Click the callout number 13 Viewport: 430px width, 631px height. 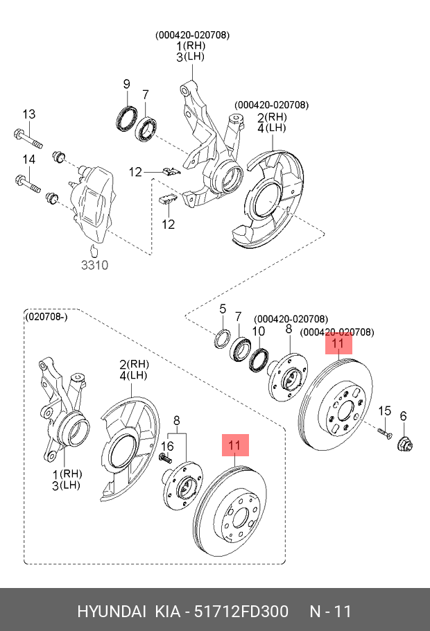tap(28, 114)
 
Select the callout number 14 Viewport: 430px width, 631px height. tap(28, 160)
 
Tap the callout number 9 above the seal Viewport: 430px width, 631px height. tap(126, 85)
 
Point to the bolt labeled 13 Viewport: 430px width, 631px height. tap(27, 137)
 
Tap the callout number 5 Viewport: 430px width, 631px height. tap(223, 309)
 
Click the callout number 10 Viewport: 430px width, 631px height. tap(258, 331)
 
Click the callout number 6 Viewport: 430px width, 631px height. tap(403, 416)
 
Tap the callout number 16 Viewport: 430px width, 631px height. tap(167, 446)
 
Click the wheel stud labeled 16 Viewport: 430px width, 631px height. tap(166, 458)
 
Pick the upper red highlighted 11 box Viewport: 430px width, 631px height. tap(338, 343)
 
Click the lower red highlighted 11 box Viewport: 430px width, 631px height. tap(234, 445)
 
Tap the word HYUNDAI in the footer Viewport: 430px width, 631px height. tap(111, 611)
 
